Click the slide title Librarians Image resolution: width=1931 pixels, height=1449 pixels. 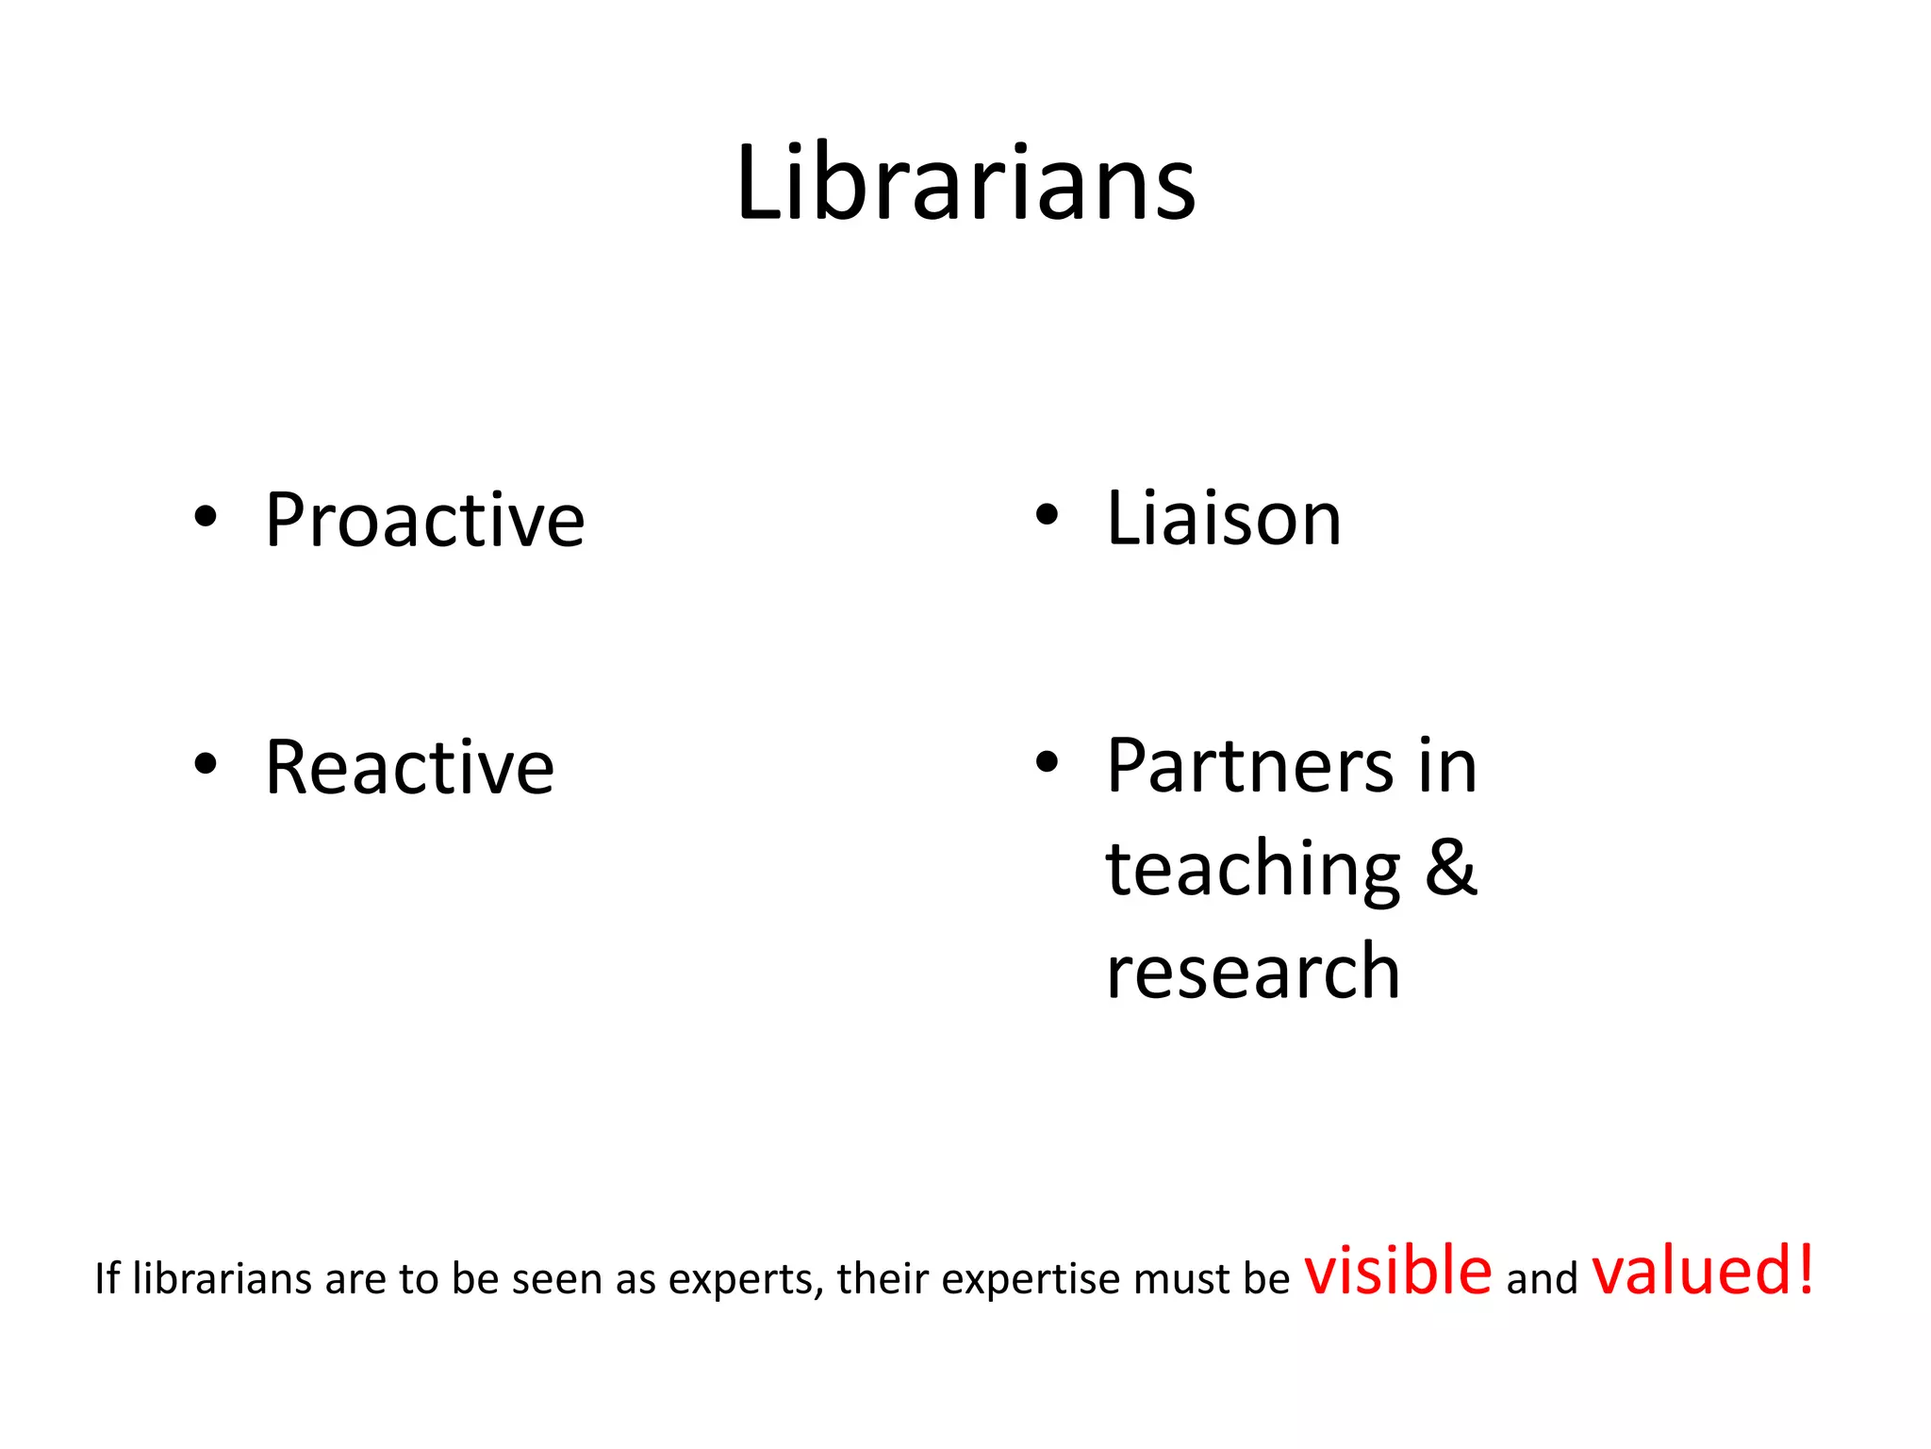tap(965, 183)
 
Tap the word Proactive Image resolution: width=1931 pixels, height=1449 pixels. tap(424, 521)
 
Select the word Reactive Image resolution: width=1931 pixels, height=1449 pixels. tap(409, 768)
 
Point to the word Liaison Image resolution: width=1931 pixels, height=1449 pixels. tap(1223, 519)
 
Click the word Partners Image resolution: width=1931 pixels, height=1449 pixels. tap(1249, 766)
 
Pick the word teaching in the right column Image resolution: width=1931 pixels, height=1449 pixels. tap(1253, 870)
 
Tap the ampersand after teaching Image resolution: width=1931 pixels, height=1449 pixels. tap(1450, 868)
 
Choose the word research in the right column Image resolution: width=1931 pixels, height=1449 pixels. tap(1253, 972)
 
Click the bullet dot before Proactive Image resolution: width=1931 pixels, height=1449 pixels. tap(206, 517)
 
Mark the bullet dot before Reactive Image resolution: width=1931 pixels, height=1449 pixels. tap(206, 763)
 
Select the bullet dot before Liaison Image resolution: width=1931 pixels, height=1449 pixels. tap(1047, 515)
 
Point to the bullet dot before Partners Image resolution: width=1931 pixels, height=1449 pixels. tap(1047, 761)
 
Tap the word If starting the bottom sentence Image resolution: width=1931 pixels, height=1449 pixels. tap(107, 1279)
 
